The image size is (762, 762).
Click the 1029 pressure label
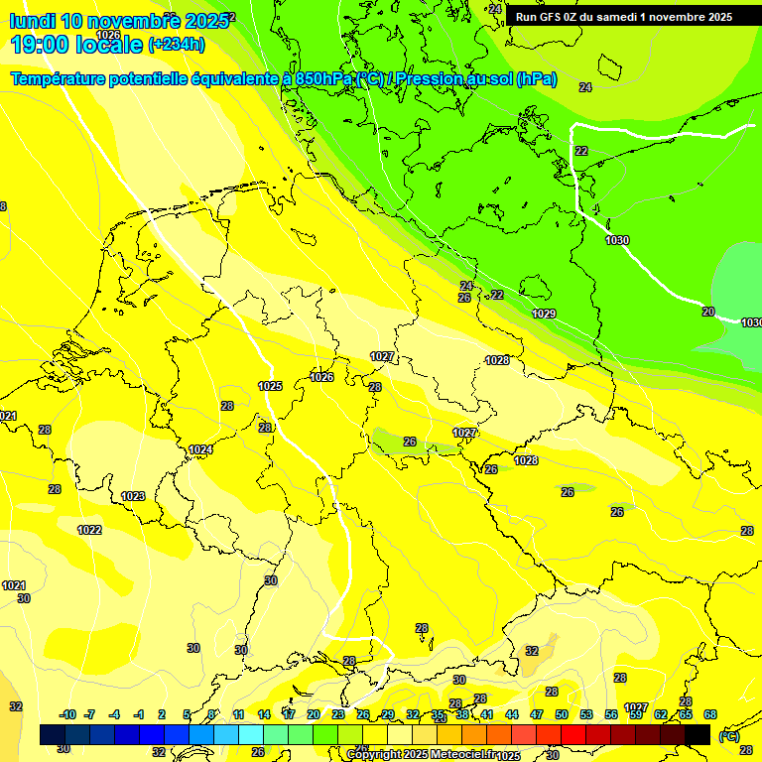pyautogui.click(x=544, y=314)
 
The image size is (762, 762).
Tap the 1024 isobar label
pyautogui.click(x=200, y=449)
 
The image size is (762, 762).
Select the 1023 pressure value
pyautogui.click(x=133, y=496)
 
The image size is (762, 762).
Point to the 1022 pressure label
pyautogui.click(x=89, y=530)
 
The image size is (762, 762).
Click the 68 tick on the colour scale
pyautogui.click(x=710, y=714)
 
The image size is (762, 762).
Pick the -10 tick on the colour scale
pyautogui.click(x=67, y=714)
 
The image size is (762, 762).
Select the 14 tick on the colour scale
pyautogui.click(x=264, y=714)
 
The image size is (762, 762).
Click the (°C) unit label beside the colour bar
pyautogui.click(x=728, y=736)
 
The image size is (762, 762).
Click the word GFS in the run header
pyautogui.click(x=551, y=16)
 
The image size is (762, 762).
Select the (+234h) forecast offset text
pyautogui.click(x=176, y=44)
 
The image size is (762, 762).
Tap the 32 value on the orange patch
pyautogui.click(x=532, y=651)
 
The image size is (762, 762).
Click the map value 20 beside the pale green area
pyautogui.click(x=707, y=312)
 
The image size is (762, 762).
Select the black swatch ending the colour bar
pyautogui.click(x=698, y=734)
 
